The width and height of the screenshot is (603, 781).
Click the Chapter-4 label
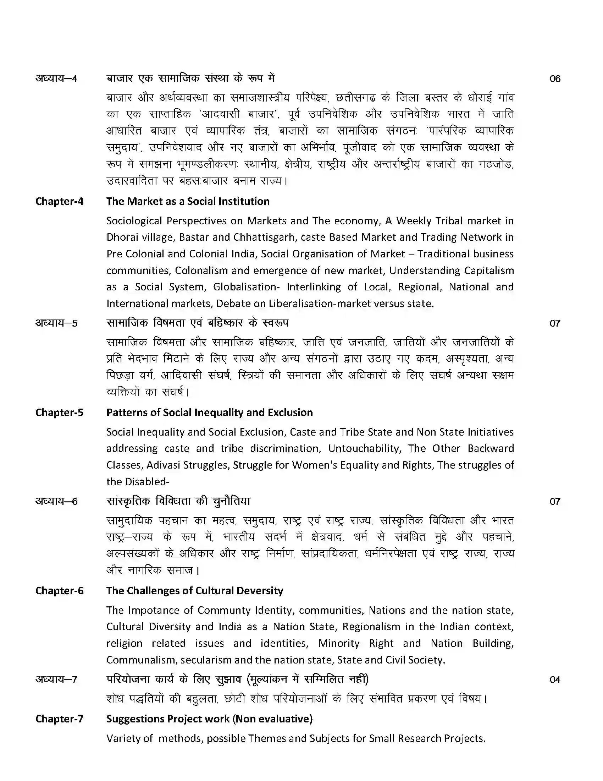(x=59, y=201)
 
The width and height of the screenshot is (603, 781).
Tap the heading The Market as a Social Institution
(x=188, y=201)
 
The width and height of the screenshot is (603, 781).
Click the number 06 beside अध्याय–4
(x=555, y=79)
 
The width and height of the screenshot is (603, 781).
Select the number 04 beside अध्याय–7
(x=555, y=679)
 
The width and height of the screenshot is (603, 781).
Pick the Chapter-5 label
(x=59, y=412)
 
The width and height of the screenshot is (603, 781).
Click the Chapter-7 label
(x=59, y=719)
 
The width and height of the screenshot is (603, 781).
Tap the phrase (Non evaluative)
(x=273, y=719)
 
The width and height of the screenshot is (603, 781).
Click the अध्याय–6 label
(x=56, y=501)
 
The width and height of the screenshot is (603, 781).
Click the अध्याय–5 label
(x=56, y=323)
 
